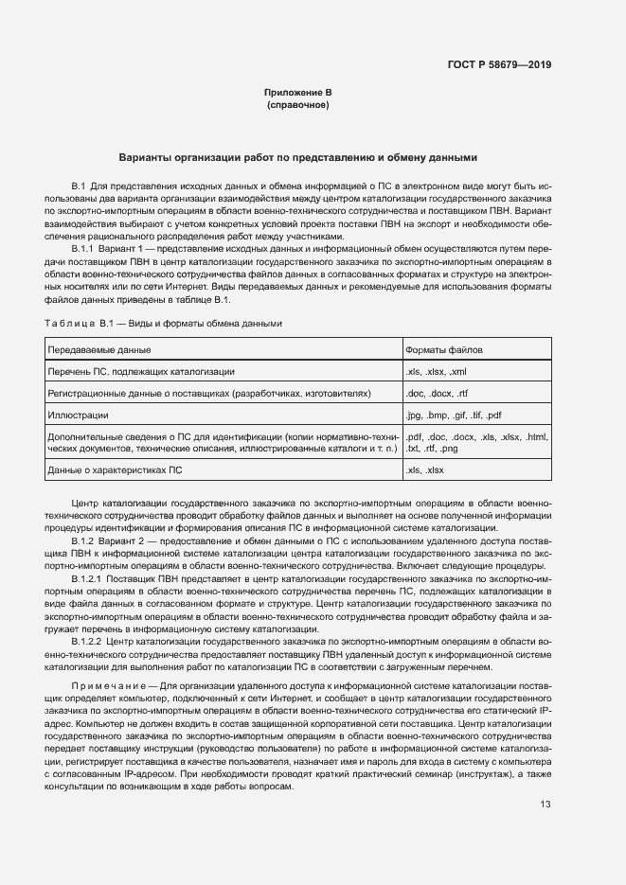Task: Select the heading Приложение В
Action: [298, 93]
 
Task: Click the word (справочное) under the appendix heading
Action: [298, 105]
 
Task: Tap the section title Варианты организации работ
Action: [298, 157]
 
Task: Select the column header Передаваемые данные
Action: [92, 350]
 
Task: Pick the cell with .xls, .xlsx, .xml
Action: [436, 372]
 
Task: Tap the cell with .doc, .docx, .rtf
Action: [434, 393]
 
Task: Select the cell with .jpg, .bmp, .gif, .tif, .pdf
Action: [453, 415]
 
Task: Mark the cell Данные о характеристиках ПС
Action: [115, 469]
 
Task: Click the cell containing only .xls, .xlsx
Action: [425, 469]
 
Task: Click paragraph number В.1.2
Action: [85, 539]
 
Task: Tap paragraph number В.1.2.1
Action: [89, 575]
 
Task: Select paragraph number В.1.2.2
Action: [89, 641]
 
